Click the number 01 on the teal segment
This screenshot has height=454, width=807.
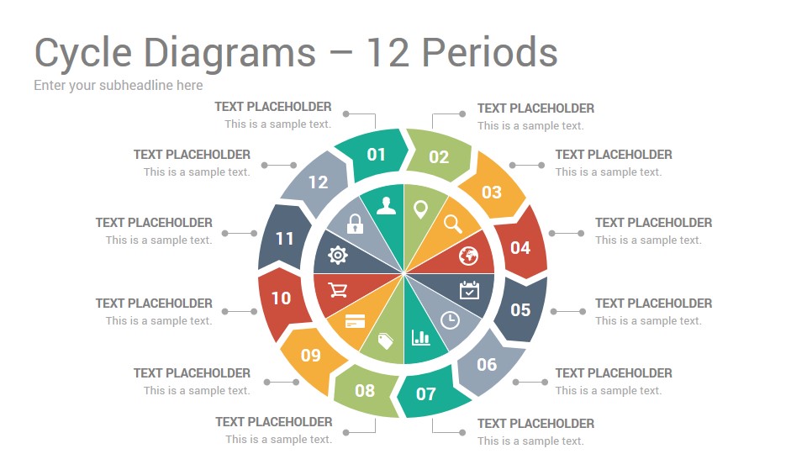click(377, 155)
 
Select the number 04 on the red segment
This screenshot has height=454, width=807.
click(520, 248)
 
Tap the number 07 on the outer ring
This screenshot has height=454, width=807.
click(426, 394)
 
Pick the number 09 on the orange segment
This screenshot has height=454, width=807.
click(311, 355)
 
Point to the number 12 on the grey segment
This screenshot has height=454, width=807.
click(318, 182)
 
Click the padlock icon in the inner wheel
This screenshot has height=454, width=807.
click(355, 224)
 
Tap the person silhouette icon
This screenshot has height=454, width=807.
click(386, 205)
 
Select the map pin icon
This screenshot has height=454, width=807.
click(421, 209)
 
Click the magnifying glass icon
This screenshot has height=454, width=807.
click(453, 224)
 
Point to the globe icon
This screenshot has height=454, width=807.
click(468, 256)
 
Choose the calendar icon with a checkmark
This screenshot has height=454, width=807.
click(469, 290)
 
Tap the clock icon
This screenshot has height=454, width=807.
click(451, 320)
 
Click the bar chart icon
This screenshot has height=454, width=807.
click(421, 337)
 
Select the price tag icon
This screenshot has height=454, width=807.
click(386, 340)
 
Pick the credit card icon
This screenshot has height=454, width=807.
click(355, 321)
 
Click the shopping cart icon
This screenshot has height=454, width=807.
click(338, 290)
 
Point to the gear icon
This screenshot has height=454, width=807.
click(338, 256)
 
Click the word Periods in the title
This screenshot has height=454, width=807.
click(489, 52)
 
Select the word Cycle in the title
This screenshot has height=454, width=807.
click(83, 54)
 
